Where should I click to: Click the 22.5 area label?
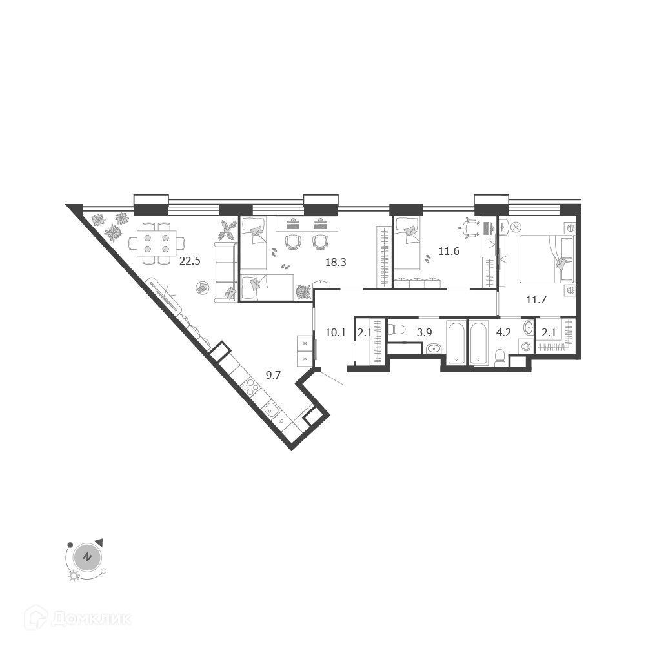190,261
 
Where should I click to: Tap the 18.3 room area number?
336,262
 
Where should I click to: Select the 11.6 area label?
449,251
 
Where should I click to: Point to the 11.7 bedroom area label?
536,299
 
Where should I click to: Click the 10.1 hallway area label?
336,332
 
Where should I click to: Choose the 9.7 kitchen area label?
273,375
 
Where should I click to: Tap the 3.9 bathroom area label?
424,332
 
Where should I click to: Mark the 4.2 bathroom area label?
503,332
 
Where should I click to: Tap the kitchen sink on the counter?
272,410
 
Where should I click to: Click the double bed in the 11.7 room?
547,259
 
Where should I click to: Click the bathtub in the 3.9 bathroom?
456,343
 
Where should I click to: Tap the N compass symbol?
86,558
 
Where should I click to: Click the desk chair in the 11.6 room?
470,228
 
